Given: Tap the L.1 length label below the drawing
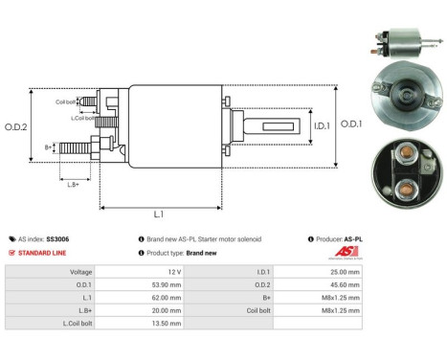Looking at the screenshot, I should [x=157, y=214].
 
